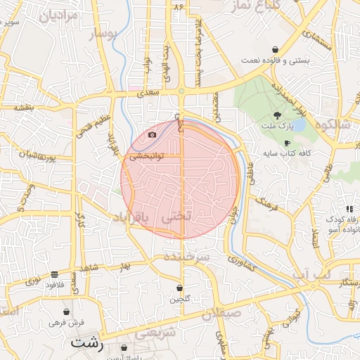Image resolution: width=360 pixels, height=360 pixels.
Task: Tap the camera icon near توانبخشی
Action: coord(153,134)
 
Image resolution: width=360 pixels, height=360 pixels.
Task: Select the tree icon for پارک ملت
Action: coord(278,115)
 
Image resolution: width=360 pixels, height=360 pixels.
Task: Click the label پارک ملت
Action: coord(278,127)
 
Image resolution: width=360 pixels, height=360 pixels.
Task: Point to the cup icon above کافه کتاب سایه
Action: coord(286,143)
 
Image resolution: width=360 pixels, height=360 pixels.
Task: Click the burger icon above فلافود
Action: coord(54,274)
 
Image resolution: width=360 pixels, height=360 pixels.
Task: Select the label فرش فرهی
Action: coord(67,322)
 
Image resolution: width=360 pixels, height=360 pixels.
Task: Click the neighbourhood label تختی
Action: coord(176,219)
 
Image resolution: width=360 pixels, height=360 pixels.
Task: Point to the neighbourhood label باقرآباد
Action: coord(131,219)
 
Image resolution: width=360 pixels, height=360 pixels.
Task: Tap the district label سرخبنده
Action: coord(187,258)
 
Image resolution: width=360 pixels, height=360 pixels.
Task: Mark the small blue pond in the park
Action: coord(298,125)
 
